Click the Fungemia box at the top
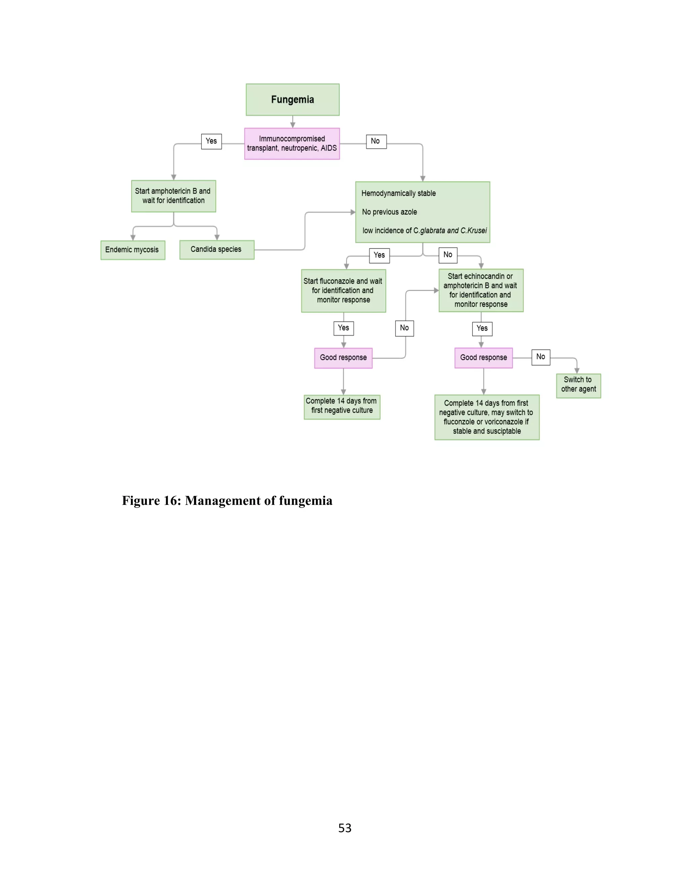(292, 100)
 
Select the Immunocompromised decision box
(292, 144)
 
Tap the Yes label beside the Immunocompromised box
(211, 141)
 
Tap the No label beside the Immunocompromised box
(376, 141)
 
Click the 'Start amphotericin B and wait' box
(173, 196)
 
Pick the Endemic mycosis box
(132, 250)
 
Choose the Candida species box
(217, 249)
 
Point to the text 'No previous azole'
(389, 212)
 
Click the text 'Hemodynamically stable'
(398, 193)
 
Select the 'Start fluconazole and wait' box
(343, 290)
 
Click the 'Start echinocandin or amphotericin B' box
(481, 290)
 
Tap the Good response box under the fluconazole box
(343, 358)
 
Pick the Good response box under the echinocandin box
(483, 358)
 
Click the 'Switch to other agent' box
(578, 385)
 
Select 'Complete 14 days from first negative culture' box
(342, 406)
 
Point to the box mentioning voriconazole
(487, 417)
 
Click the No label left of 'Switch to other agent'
(540, 357)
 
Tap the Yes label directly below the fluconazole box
(343, 328)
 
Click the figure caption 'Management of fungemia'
(227, 501)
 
